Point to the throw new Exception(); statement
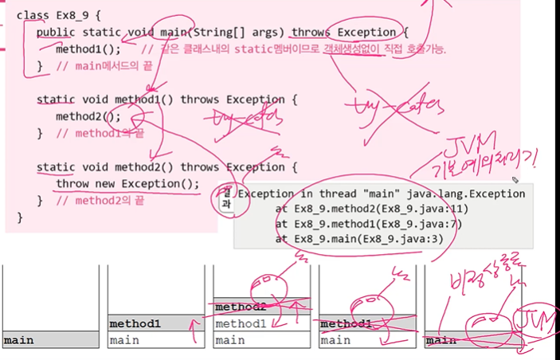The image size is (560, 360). point(127,184)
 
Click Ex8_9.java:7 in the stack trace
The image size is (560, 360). point(399,224)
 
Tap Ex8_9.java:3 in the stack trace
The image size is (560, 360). point(386,238)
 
